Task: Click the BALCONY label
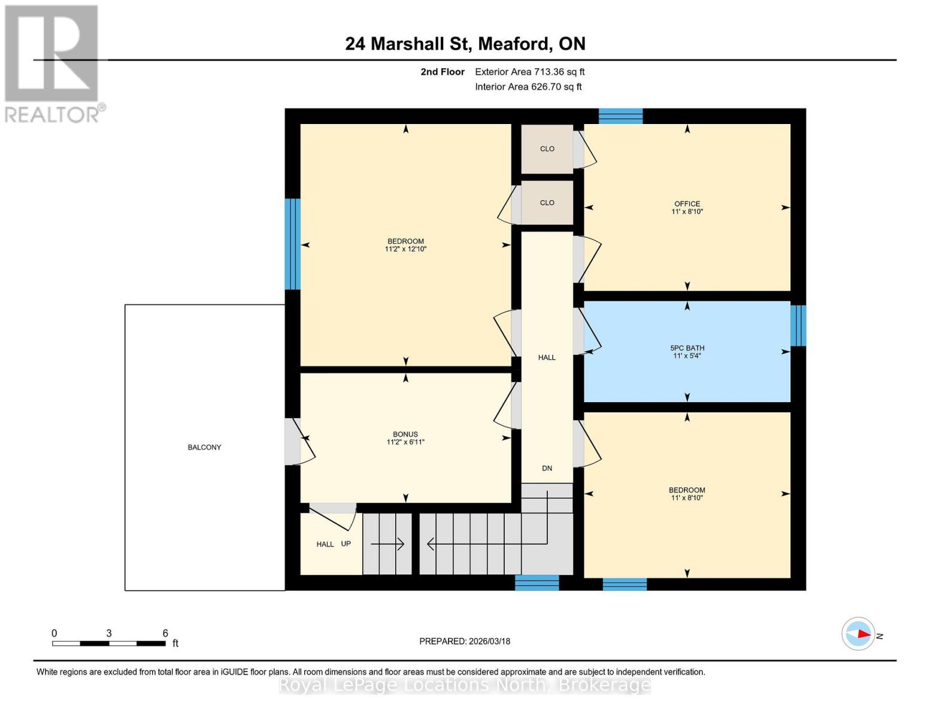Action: [x=204, y=447]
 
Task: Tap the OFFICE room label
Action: [x=687, y=204]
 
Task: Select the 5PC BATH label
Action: [x=687, y=348]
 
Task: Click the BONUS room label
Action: [x=405, y=434]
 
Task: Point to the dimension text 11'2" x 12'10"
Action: [x=405, y=249]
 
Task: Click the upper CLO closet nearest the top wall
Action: [x=547, y=149]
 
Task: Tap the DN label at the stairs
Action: [x=547, y=468]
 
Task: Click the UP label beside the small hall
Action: [x=346, y=543]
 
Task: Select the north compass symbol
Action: [x=858, y=634]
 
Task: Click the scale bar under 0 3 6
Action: [x=108, y=644]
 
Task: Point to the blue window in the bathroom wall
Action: [x=798, y=326]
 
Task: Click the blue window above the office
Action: [x=620, y=116]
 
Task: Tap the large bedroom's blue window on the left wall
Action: [x=292, y=244]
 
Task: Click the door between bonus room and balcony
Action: [x=293, y=442]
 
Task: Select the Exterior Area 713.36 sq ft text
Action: [x=529, y=72]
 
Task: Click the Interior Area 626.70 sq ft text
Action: [x=528, y=87]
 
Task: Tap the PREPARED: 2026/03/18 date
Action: [x=465, y=641]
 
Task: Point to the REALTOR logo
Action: [x=53, y=63]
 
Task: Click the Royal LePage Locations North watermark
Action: [x=465, y=685]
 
